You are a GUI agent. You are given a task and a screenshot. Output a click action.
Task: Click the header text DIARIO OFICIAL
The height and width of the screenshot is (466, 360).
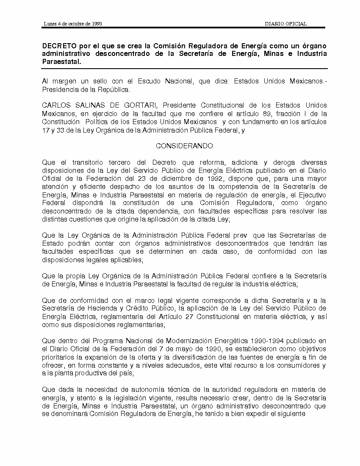pyautogui.click(x=285, y=24)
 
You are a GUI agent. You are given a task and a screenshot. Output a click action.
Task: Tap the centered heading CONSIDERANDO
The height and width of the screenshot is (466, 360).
pyautogui.click(x=184, y=146)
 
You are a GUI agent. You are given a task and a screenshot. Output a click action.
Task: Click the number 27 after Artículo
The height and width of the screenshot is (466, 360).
pyautogui.click(x=184, y=316)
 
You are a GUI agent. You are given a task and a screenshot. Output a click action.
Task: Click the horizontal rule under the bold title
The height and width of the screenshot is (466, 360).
pyautogui.click(x=184, y=69)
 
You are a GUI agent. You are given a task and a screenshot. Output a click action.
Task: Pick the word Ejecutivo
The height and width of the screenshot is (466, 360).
pyautogui.click(x=310, y=194)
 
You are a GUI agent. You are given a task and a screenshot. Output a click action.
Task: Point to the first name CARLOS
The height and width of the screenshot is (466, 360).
pyautogui.click(x=55, y=105)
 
